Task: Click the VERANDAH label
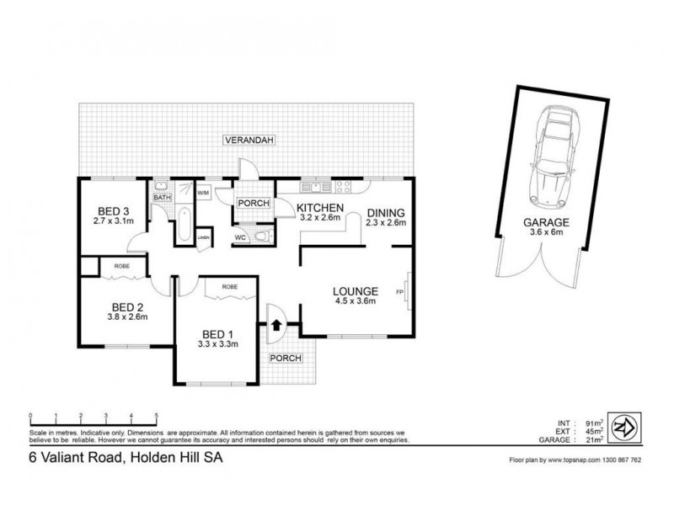tap(249, 141)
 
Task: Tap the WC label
tap(241, 238)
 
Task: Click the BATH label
tap(161, 198)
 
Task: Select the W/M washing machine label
tap(203, 193)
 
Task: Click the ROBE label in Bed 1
tap(229, 287)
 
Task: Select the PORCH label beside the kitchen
tap(252, 203)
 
